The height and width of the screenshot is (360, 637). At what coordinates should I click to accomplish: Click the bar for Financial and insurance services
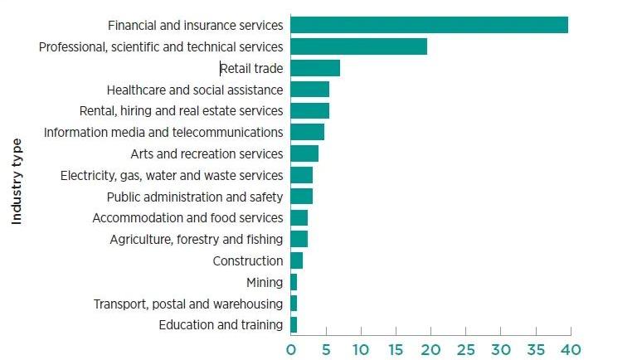pyautogui.click(x=430, y=25)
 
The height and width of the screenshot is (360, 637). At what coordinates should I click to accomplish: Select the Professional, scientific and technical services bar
pyautogui.click(x=359, y=46)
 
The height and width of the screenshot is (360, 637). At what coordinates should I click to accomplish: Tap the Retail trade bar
pyautogui.click(x=315, y=68)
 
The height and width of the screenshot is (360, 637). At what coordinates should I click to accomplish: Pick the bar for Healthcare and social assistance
pyautogui.click(x=310, y=90)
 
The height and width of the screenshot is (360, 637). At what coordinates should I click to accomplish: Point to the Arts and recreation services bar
pyautogui.click(x=304, y=153)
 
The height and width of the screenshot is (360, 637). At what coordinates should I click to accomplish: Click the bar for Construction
pyautogui.click(x=297, y=260)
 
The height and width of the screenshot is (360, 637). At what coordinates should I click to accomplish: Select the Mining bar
pyautogui.click(x=294, y=282)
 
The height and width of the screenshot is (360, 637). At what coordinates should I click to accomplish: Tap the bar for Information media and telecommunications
pyautogui.click(x=308, y=132)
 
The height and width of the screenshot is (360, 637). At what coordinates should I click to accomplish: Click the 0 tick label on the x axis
pyautogui.click(x=291, y=349)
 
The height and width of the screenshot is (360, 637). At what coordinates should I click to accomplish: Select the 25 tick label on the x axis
pyautogui.click(x=465, y=349)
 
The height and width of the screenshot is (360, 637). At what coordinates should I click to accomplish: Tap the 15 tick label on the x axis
pyautogui.click(x=395, y=349)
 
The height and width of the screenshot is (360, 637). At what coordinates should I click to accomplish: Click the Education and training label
pyautogui.click(x=221, y=325)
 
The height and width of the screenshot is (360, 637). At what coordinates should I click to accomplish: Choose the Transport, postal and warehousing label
pyautogui.click(x=187, y=304)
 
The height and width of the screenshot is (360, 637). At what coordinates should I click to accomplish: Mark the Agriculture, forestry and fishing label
pyautogui.click(x=196, y=240)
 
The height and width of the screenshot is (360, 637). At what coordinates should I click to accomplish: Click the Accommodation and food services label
pyautogui.click(x=187, y=218)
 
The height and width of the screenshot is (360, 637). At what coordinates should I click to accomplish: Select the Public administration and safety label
pyautogui.click(x=195, y=197)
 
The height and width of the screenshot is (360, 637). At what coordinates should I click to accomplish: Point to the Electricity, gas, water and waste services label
pyautogui.click(x=172, y=175)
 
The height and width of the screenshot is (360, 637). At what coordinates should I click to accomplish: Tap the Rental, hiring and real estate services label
pyautogui.click(x=181, y=111)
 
